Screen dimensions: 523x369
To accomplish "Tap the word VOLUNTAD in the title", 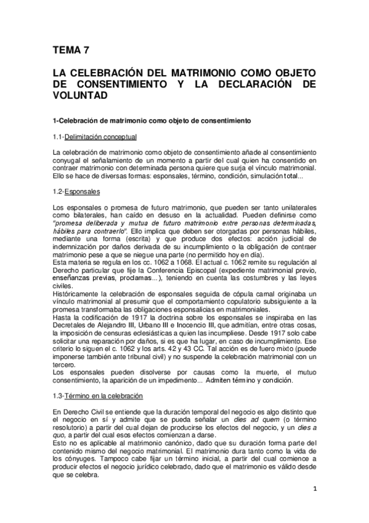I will click(x=80, y=96).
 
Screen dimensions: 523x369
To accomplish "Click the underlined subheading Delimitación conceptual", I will click(x=100, y=136).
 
